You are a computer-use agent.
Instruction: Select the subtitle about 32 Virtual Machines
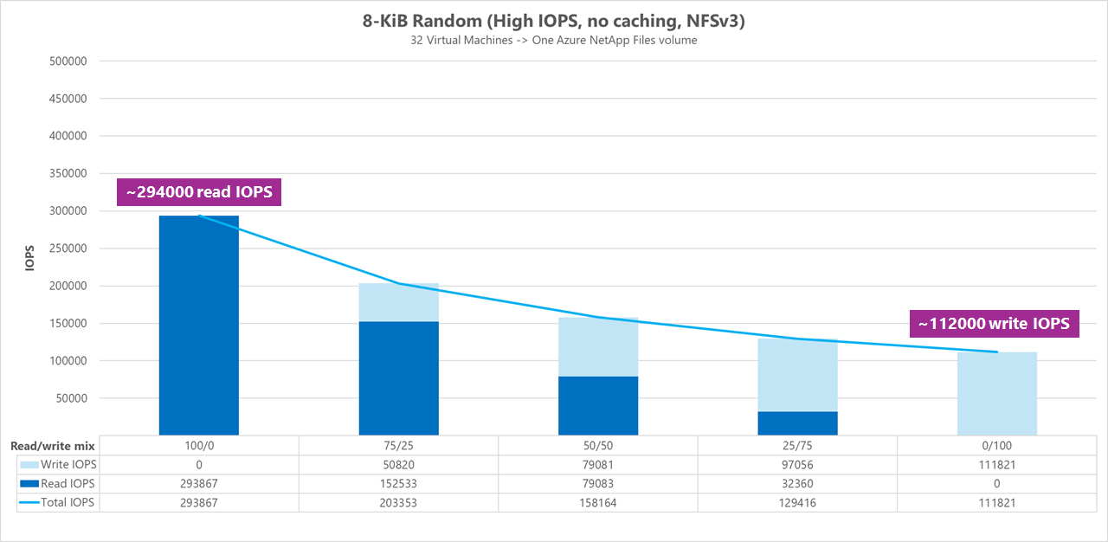click(554, 40)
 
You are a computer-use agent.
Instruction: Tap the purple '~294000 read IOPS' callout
click(199, 192)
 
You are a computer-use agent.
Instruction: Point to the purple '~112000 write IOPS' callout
click(994, 324)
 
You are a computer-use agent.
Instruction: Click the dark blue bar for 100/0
click(199, 325)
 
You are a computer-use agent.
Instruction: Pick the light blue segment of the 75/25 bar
click(399, 302)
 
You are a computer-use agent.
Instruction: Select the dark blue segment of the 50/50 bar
click(598, 405)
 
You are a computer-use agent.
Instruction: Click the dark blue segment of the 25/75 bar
click(797, 423)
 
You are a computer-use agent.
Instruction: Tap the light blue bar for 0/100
click(996, 393)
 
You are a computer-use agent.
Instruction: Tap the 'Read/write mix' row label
click(52, 446)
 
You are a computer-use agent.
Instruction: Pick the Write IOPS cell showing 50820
click(398, 465)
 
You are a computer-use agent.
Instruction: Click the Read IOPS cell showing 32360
click(797, 483)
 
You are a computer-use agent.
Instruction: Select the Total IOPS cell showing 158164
click(598, 502)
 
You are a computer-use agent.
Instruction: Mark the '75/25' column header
click(398, 446)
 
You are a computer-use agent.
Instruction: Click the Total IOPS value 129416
click(797, 502)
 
